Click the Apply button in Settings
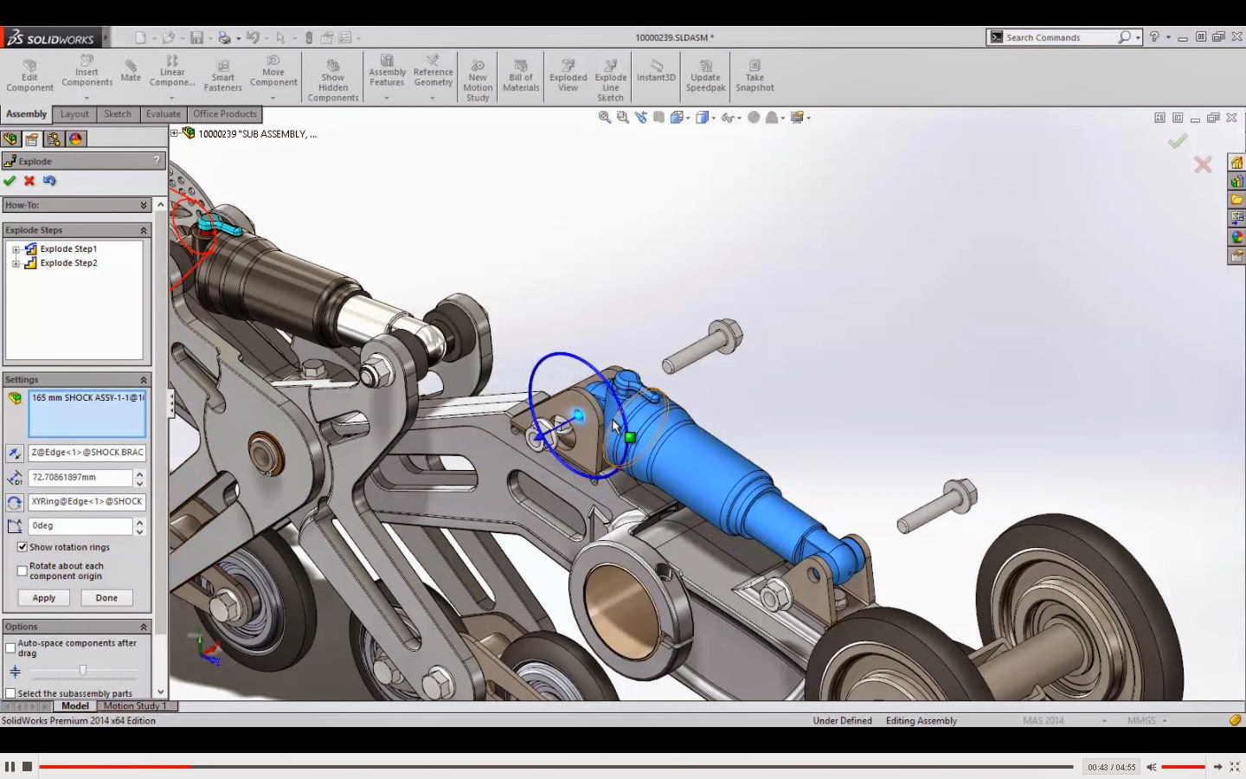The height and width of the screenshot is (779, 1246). click(x=44, y=598)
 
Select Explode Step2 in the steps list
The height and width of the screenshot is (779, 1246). click(x=68, y=263)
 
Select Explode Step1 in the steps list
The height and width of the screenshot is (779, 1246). click(x=68, y=249)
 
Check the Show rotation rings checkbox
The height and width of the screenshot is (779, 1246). click(x=22, y=547)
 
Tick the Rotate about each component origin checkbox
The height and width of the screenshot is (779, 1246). click(x=22, y=571)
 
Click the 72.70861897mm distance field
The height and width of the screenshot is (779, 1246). click(x=80, y=478)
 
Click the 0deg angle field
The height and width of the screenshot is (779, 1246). click(x=80, y=526)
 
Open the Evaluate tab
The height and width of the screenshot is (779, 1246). click(x=163, y=114)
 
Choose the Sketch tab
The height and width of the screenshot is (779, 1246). click(x=118, y=114)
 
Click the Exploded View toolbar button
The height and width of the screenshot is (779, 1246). click(x=568, y=75)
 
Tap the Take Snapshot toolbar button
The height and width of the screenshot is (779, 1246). click(x=755, y=75)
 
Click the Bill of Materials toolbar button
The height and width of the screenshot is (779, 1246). click(x=521, y=75)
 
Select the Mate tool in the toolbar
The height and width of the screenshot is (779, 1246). click(x=131, y=70)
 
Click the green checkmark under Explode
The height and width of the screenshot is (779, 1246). click(x=10, y=181)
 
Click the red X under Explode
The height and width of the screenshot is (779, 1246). click(x=29, y=181)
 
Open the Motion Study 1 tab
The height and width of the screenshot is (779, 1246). click(x=135, y=706)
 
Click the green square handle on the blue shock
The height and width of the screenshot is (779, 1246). click(x=630, y=437)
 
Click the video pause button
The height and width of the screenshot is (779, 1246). click(x=10, y=767)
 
